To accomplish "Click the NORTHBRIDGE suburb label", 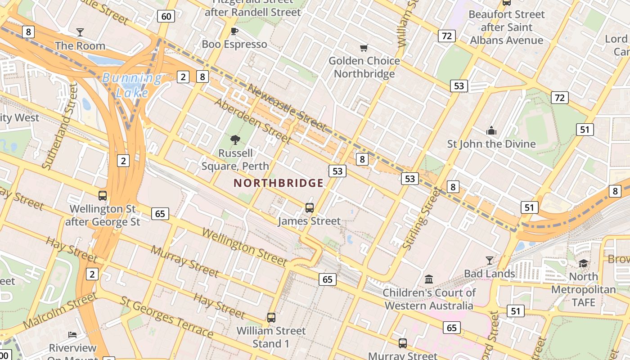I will point(279,183).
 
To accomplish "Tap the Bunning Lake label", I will point(131,85).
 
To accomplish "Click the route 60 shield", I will point(166,17).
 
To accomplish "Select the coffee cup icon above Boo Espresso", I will point(234,31).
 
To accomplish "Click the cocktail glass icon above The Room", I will point(80,32).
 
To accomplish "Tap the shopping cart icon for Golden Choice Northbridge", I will point(364,48).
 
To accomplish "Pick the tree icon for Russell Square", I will point(235,140).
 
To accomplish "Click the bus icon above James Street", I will point(310,207).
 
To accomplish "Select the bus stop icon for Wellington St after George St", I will point(103,195).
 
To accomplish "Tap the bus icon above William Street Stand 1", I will point(271,317).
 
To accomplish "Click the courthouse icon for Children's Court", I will point(429,279).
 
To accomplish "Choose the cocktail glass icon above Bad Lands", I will point(489,260).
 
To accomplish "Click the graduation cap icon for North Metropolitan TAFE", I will point(583,263).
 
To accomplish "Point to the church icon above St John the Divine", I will point(491,130).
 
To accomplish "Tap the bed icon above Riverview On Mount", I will point(72,334).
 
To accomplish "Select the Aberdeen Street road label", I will point(252,119).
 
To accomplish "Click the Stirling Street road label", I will point(421,219).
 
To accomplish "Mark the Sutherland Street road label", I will point(60,126).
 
